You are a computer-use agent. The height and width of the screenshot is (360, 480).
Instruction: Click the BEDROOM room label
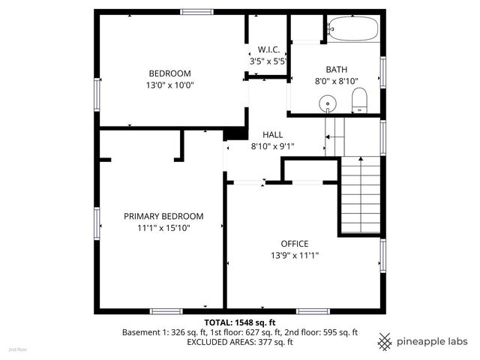click(x=169, y=73)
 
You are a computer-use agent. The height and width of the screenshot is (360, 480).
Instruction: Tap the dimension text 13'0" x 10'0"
click(x=169, y=85)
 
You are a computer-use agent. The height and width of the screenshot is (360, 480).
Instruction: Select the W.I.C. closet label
click(x=269, y=49)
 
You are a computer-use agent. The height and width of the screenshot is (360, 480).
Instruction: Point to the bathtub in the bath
click(x=354, y=29)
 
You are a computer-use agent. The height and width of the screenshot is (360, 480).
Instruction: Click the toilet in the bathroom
click(x=359, y=99)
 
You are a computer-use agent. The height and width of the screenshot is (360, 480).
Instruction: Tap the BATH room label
click(x=337, y=69)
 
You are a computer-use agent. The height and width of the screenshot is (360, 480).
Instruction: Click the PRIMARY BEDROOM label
click(x=163, y=216)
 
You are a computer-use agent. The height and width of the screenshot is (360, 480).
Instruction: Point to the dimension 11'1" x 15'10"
click(x=163, y=228)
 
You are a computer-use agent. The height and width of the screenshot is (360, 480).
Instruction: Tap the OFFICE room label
click(x=295, y=244)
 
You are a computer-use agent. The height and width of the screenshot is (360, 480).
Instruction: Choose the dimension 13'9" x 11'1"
click(x=295, y=256)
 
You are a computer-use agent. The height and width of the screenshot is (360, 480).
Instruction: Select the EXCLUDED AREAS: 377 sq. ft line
click(x=240, y=342)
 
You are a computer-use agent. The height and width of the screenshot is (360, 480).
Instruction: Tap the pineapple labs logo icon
click(x=385, y=341)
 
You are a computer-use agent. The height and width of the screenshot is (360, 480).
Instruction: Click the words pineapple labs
click(x=433, y=341)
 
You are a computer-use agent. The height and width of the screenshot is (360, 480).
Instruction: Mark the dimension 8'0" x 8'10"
click(x=337, y=81)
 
